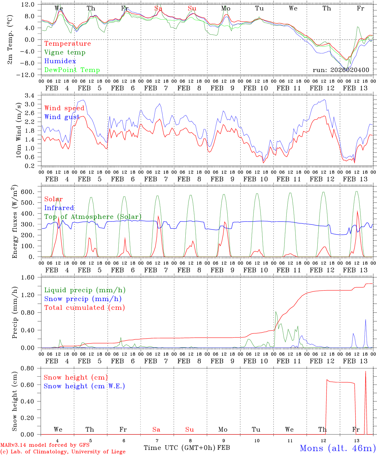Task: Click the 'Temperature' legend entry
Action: point(68,44)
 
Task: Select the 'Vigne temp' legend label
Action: point(65,52)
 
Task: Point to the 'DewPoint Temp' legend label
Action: point(72,70)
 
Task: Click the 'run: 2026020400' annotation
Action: point(341,70)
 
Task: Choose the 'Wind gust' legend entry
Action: point(62,117)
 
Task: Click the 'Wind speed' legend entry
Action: point(64,108)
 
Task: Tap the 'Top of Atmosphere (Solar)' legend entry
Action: point(93,217)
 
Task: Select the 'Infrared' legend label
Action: point(59,208)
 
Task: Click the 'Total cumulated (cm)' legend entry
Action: point(85,307)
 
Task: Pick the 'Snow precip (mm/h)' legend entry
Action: point(83,299)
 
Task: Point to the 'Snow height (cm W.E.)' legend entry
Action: point(84,386)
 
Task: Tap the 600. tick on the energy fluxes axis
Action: point(31,192)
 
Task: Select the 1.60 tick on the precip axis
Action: point(31,277)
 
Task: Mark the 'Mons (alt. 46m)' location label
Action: point(338,448)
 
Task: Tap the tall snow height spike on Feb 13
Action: point(366,373)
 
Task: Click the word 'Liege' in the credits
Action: point(117,452)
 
